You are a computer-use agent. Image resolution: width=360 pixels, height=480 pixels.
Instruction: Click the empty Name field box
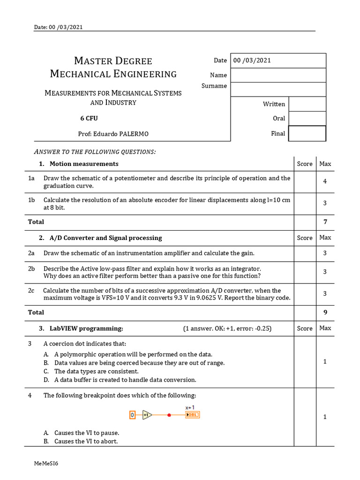(278, 75)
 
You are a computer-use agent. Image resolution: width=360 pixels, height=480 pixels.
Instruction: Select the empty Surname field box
(278, 89)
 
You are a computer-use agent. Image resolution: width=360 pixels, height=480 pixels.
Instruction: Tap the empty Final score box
(307, 134)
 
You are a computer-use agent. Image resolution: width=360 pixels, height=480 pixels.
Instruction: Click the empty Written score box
(307, 104)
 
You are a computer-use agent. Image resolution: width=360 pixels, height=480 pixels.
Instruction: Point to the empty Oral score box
(307, 119)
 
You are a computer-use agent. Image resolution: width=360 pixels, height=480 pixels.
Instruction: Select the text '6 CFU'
(89, 119)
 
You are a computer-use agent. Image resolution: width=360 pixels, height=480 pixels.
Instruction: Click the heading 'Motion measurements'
(84, 164)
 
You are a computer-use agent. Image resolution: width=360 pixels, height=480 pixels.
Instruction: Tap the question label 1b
(32, 200)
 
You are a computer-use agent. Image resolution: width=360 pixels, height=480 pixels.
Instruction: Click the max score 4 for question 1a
(325, 181)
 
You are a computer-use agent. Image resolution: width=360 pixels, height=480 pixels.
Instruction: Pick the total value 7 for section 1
(325, 222)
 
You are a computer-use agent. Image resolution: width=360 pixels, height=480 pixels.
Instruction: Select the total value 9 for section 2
(325, 312)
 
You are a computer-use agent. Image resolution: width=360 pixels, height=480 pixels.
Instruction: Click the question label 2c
(31, 291)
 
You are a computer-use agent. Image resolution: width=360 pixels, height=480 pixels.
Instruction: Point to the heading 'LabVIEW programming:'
(86, 328)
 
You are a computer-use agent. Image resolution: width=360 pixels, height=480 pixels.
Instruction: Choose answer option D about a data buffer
(125, 380)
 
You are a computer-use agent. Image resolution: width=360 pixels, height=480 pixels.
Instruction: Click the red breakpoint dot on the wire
(169, 415)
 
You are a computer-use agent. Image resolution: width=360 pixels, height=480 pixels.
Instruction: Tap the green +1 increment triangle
(147, 415)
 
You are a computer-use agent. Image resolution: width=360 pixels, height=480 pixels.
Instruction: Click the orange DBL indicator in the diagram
(192, 415)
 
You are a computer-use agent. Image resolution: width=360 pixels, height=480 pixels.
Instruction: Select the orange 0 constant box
(132, 415)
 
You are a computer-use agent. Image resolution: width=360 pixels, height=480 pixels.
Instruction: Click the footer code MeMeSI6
(46, 464)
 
